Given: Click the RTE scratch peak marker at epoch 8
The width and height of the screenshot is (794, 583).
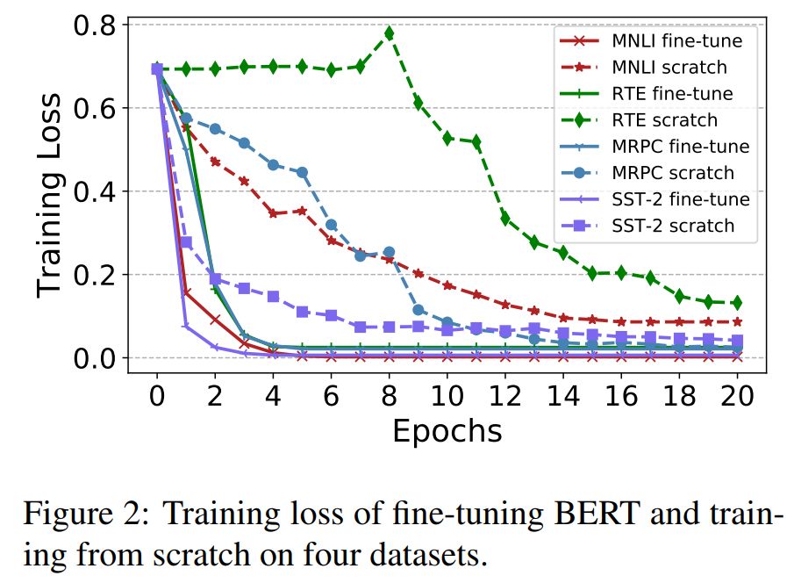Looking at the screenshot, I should click(389, 34).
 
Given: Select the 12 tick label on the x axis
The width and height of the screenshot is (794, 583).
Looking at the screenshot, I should click(504, 395).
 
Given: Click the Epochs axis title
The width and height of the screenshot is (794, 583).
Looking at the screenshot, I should click(447, 431).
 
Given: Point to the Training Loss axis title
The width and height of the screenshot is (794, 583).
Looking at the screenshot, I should click(51, 191).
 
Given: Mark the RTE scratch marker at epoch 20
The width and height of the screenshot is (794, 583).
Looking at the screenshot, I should click(737, 303).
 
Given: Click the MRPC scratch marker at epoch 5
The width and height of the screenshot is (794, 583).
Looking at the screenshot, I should click(302, 172).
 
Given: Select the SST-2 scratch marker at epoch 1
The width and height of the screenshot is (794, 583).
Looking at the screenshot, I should click(186, 242).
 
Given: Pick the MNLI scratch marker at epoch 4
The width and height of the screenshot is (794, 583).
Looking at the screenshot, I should click(273, 213).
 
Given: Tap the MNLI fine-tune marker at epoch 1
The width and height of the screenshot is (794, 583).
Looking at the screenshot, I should click(186, 292).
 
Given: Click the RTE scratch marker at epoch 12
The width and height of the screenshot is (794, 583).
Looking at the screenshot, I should click(505, 218).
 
